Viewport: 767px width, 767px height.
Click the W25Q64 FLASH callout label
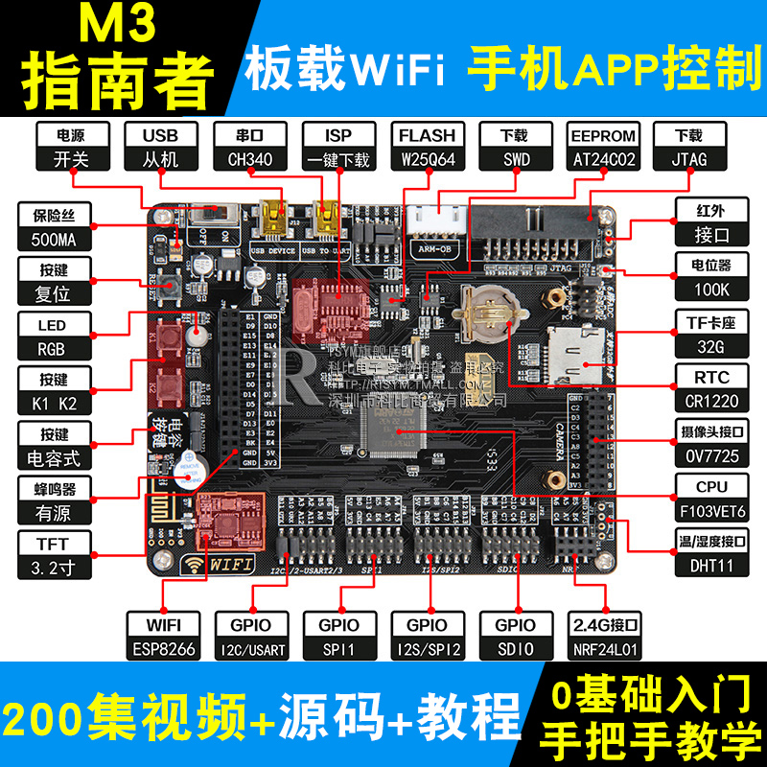(x=427, y=147)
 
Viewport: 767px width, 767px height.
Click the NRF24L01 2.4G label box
(x=604, y=637)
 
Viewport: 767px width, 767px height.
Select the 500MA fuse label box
(x=57, y=227)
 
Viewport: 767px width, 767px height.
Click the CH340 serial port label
(x=247, y=147)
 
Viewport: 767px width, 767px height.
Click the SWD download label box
(x=516, y=147)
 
